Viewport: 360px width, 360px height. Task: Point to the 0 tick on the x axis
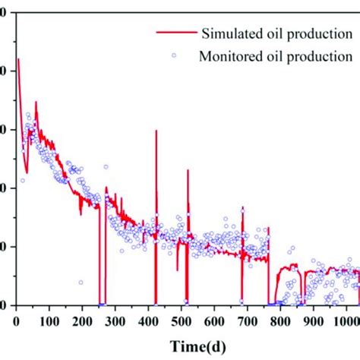point(16,321)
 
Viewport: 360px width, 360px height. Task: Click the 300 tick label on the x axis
point(114,321)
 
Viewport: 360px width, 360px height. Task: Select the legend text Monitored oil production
point(276,55)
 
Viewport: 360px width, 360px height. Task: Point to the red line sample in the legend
point(175,33)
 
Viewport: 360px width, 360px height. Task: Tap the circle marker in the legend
point(175,55)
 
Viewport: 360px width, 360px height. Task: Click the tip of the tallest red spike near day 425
point(156,131)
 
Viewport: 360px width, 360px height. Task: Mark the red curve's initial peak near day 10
point(18,59)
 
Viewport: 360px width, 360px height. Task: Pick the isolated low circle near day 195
point(81,283)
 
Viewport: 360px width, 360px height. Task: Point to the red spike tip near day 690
point(243,207)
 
